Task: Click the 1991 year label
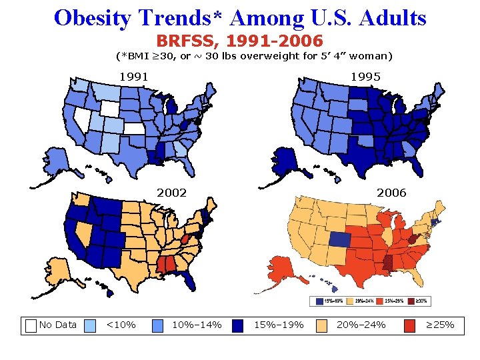[x=133, y=77]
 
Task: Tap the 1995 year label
[x=366, y=77]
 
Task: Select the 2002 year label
[x=171, y=193]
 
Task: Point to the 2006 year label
[x=391, y=193]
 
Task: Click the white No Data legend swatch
[x=31, y=325]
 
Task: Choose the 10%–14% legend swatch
[x=158, y=325]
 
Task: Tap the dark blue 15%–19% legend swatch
[x=240, y=325]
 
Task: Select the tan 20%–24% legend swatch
[x=322, y=325]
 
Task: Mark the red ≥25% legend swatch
[x=412, y=325]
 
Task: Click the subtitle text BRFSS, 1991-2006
[x=239, y=41]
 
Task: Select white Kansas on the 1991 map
[x=134, y=129]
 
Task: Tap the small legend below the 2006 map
[x=377, y=301]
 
